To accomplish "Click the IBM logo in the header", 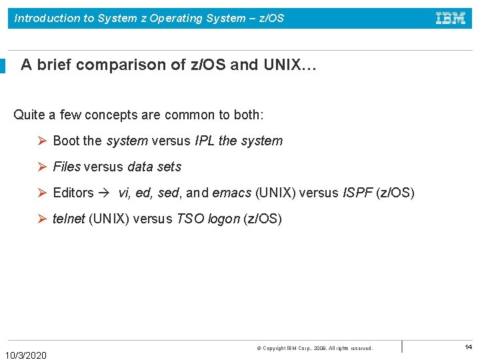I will tap(451, 19).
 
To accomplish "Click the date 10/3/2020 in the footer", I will tap(26, 355).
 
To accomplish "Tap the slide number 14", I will tap(468, 347).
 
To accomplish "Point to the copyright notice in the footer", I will tap(315, 348).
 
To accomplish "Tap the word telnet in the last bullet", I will tap(69, 219).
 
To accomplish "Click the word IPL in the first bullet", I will tap(205, 141).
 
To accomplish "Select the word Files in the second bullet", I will tap(67, 167).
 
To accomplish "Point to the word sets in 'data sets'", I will tap(169, 167).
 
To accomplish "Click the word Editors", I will tap(73, 193).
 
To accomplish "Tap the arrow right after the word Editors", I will tap(105, 193).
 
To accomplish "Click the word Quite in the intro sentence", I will tap(29, 115).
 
